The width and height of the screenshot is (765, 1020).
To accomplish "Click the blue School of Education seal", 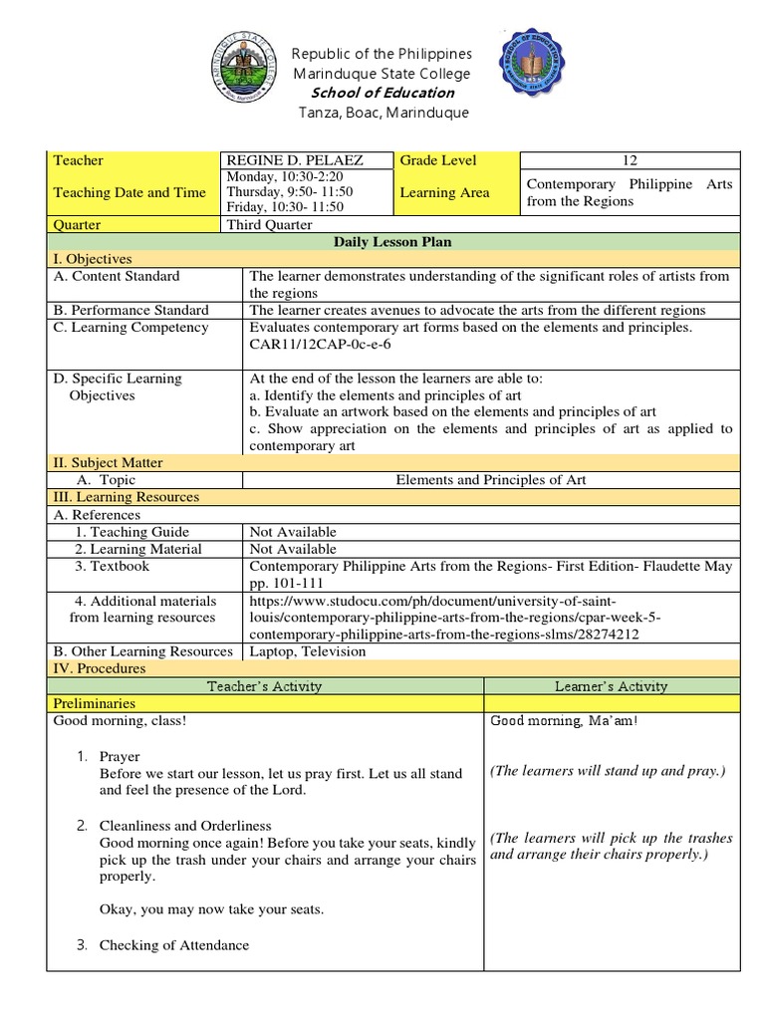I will tap(542, 72).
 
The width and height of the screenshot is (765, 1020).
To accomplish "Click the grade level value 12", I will tap(630, 160).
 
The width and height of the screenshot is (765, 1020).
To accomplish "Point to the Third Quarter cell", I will tap(269, 225).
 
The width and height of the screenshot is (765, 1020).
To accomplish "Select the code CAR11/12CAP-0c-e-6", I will tap(320, 344).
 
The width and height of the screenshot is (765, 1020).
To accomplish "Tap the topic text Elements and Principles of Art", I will tap(491, 480).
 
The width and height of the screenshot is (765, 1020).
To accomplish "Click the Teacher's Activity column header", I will tap(264, 686).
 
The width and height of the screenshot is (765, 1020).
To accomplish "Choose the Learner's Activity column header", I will tap(611, 686).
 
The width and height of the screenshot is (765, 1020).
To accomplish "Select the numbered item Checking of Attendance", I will tap(173, 945).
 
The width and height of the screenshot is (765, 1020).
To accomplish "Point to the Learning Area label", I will tap(444, 192).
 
